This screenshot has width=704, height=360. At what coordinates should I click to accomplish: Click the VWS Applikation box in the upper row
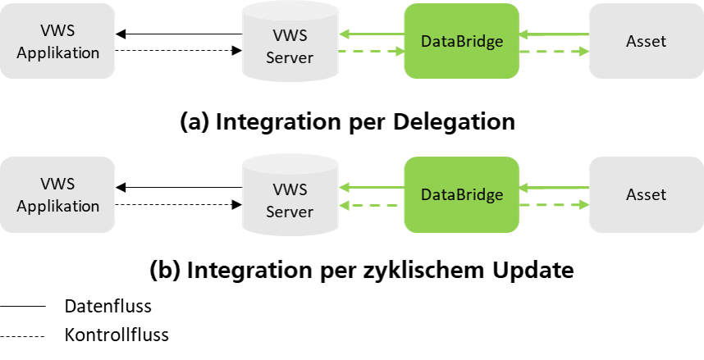pos(57,41)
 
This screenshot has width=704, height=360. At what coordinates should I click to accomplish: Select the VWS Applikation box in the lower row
pos(57,195)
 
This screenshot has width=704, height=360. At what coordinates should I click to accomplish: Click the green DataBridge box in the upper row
pos(461,41)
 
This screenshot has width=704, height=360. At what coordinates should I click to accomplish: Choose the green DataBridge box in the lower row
pos(461,195)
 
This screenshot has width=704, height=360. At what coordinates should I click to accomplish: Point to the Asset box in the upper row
pos(646,41)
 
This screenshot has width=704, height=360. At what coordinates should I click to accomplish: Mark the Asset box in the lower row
pos(646,195)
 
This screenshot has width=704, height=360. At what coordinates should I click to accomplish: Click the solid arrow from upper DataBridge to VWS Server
pos(372,34)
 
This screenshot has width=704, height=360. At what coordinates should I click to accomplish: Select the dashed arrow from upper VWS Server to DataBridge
pos(372,51)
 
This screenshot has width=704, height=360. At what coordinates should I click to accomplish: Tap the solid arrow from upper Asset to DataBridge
pos(554,34)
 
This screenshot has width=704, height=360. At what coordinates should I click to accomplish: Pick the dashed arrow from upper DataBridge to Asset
pos(554,51)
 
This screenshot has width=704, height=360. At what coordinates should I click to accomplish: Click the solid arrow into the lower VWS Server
pos(372,188)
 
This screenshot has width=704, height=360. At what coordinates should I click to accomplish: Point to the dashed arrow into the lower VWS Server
pos(372,205)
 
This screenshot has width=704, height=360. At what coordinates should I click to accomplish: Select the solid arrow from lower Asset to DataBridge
pos(554,188)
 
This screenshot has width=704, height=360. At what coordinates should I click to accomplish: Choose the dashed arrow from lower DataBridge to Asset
pos(554,205)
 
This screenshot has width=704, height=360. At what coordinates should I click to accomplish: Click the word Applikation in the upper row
pos(57,52)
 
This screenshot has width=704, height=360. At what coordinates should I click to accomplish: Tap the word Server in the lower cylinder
pos(290,212)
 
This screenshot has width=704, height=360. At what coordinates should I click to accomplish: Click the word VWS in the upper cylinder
pos(290,36)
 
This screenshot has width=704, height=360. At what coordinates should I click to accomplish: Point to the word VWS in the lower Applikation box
pos(57,185)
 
